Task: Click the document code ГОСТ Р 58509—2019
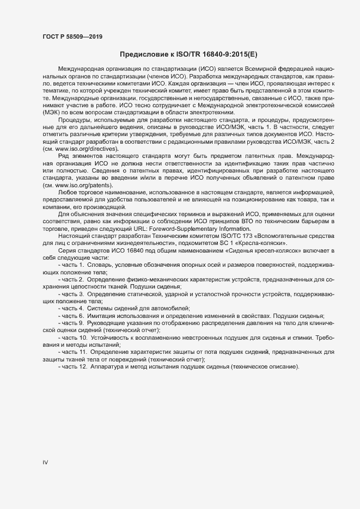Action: coord(72,36)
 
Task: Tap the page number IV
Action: coord(45,462)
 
